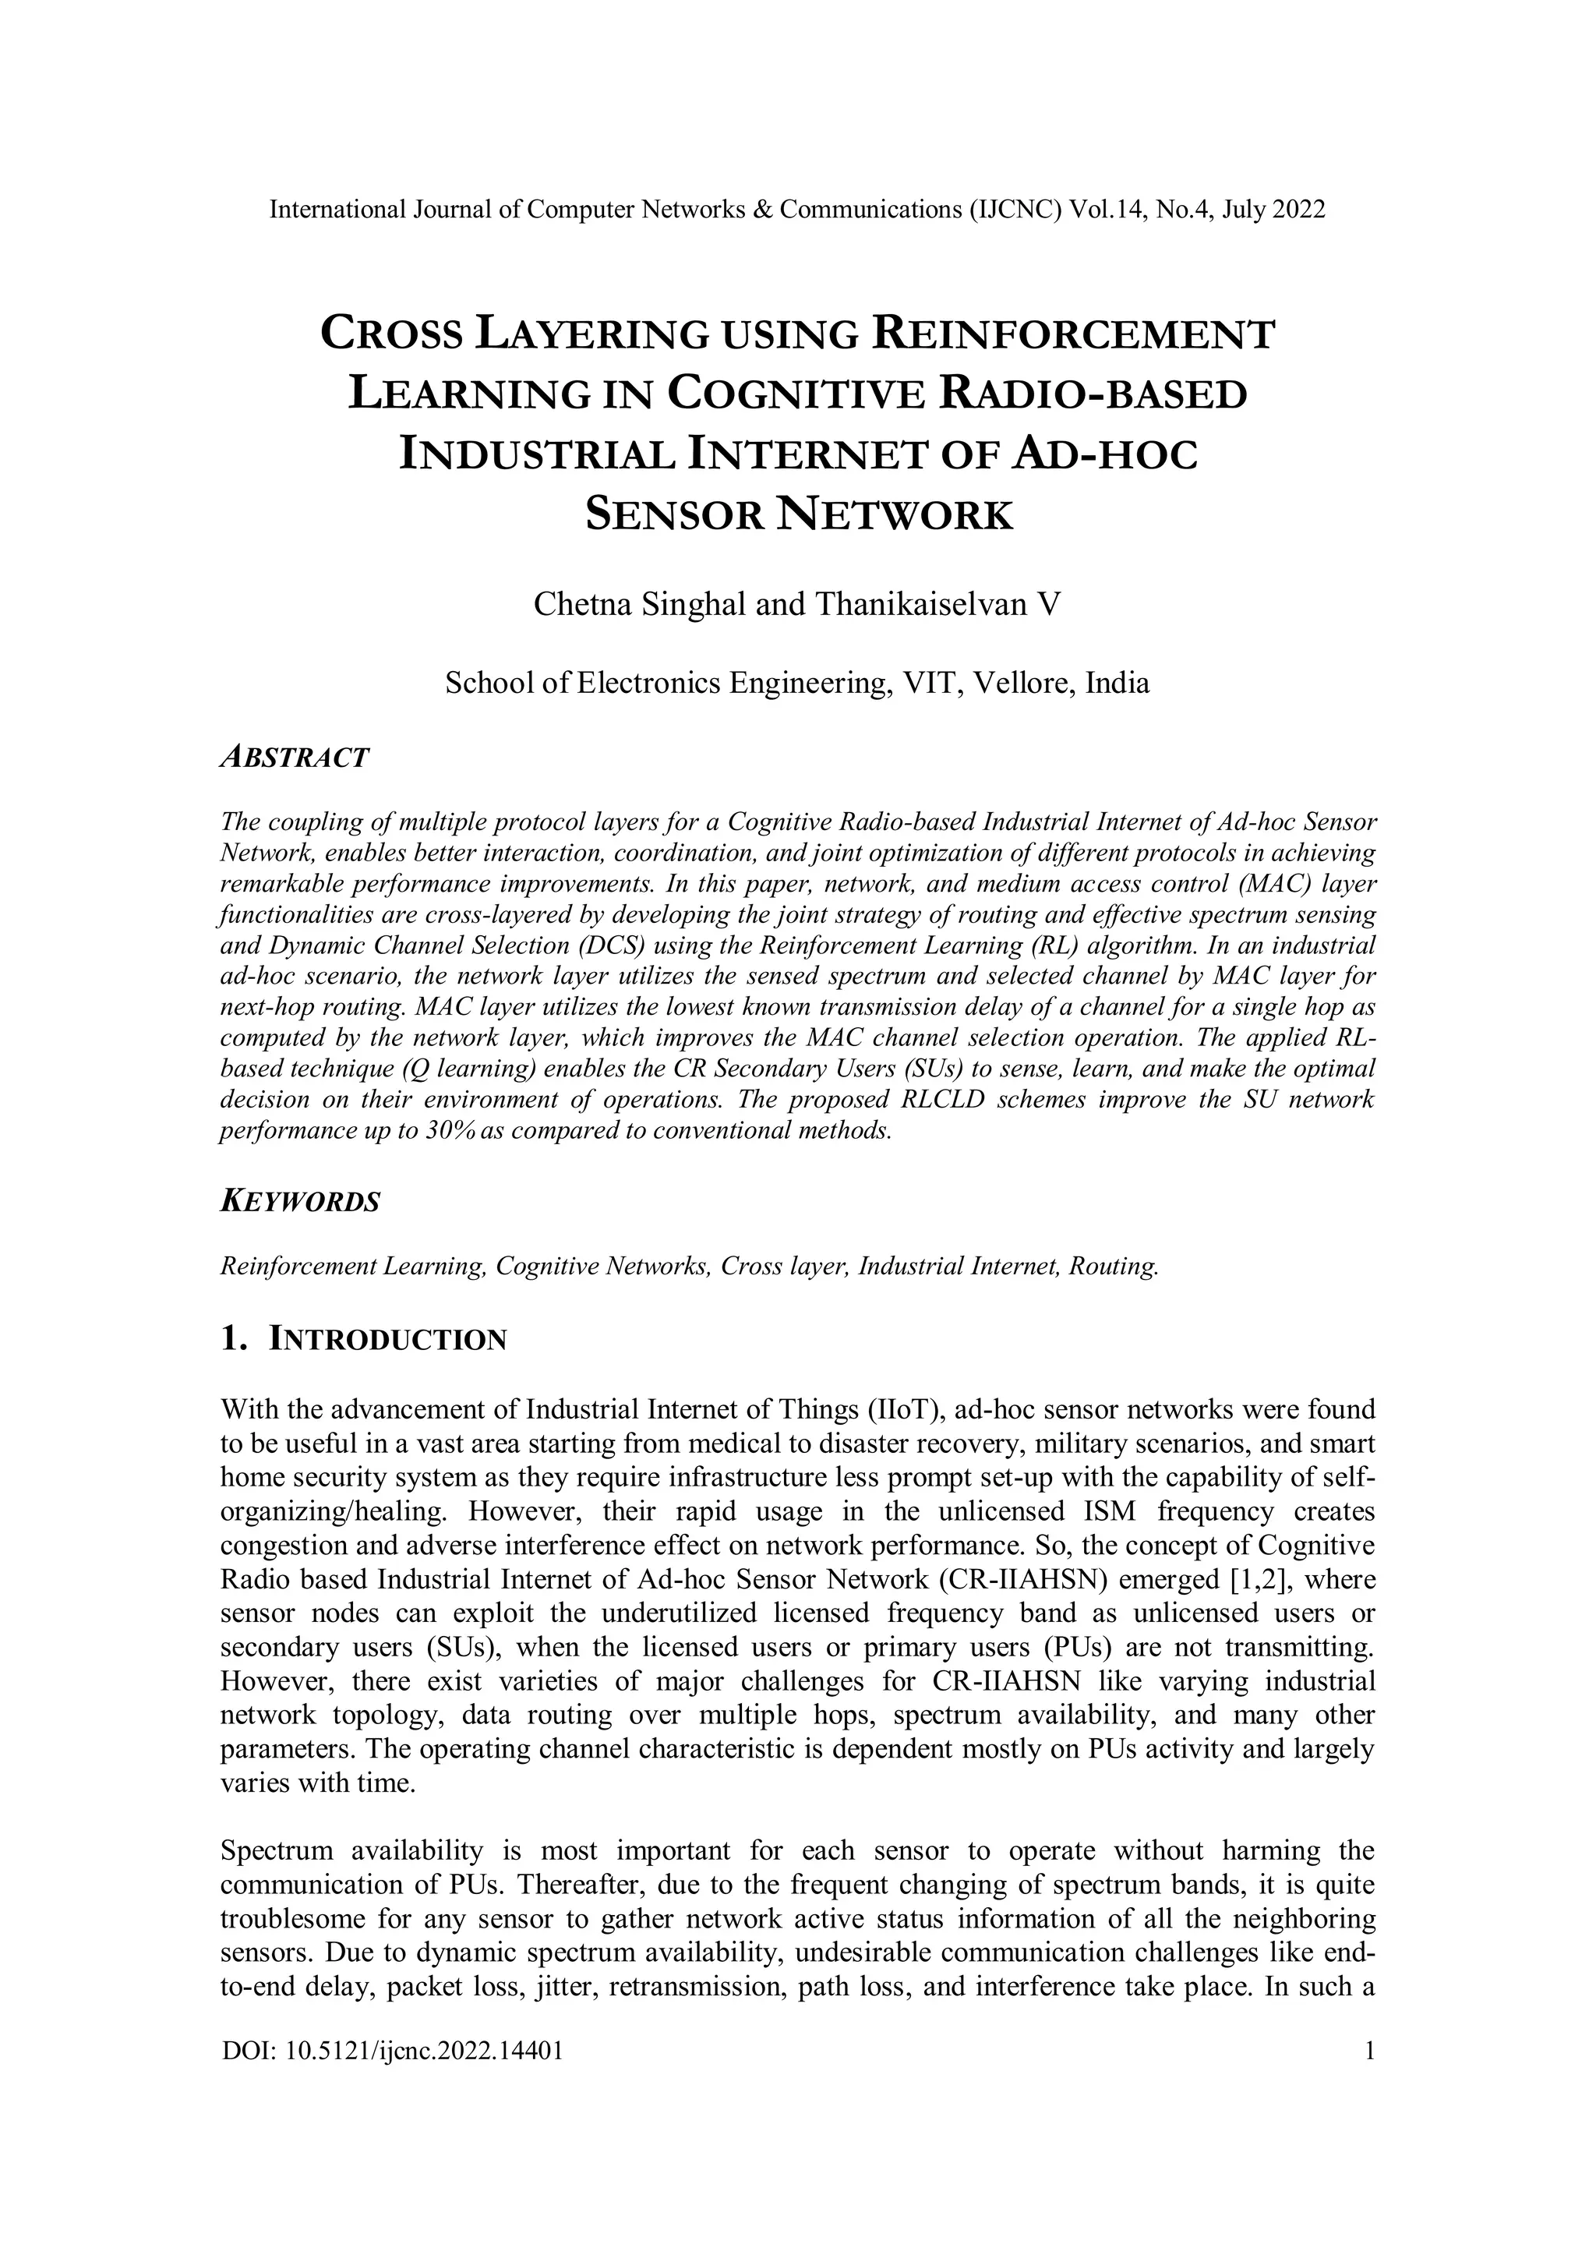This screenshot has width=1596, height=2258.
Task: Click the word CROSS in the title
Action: click(x=392, y=334)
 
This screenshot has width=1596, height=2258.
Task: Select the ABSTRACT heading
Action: click(x=295, y=758)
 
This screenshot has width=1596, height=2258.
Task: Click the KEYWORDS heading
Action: click(x=301, y=1202)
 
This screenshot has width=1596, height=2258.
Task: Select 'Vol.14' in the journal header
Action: click(x=1103, y=210)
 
